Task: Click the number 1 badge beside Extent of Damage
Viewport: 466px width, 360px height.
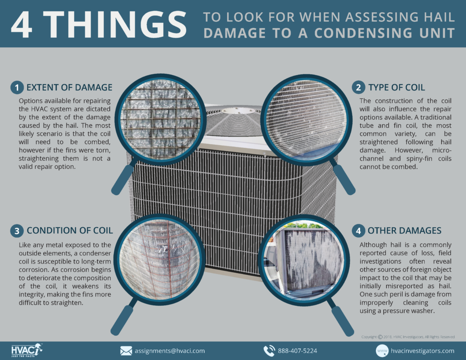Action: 17,87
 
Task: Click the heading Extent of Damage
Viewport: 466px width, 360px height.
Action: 69,87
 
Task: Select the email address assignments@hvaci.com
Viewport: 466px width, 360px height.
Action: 169,351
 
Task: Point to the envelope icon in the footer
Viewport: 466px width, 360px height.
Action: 126,351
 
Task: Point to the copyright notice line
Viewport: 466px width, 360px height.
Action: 408,337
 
